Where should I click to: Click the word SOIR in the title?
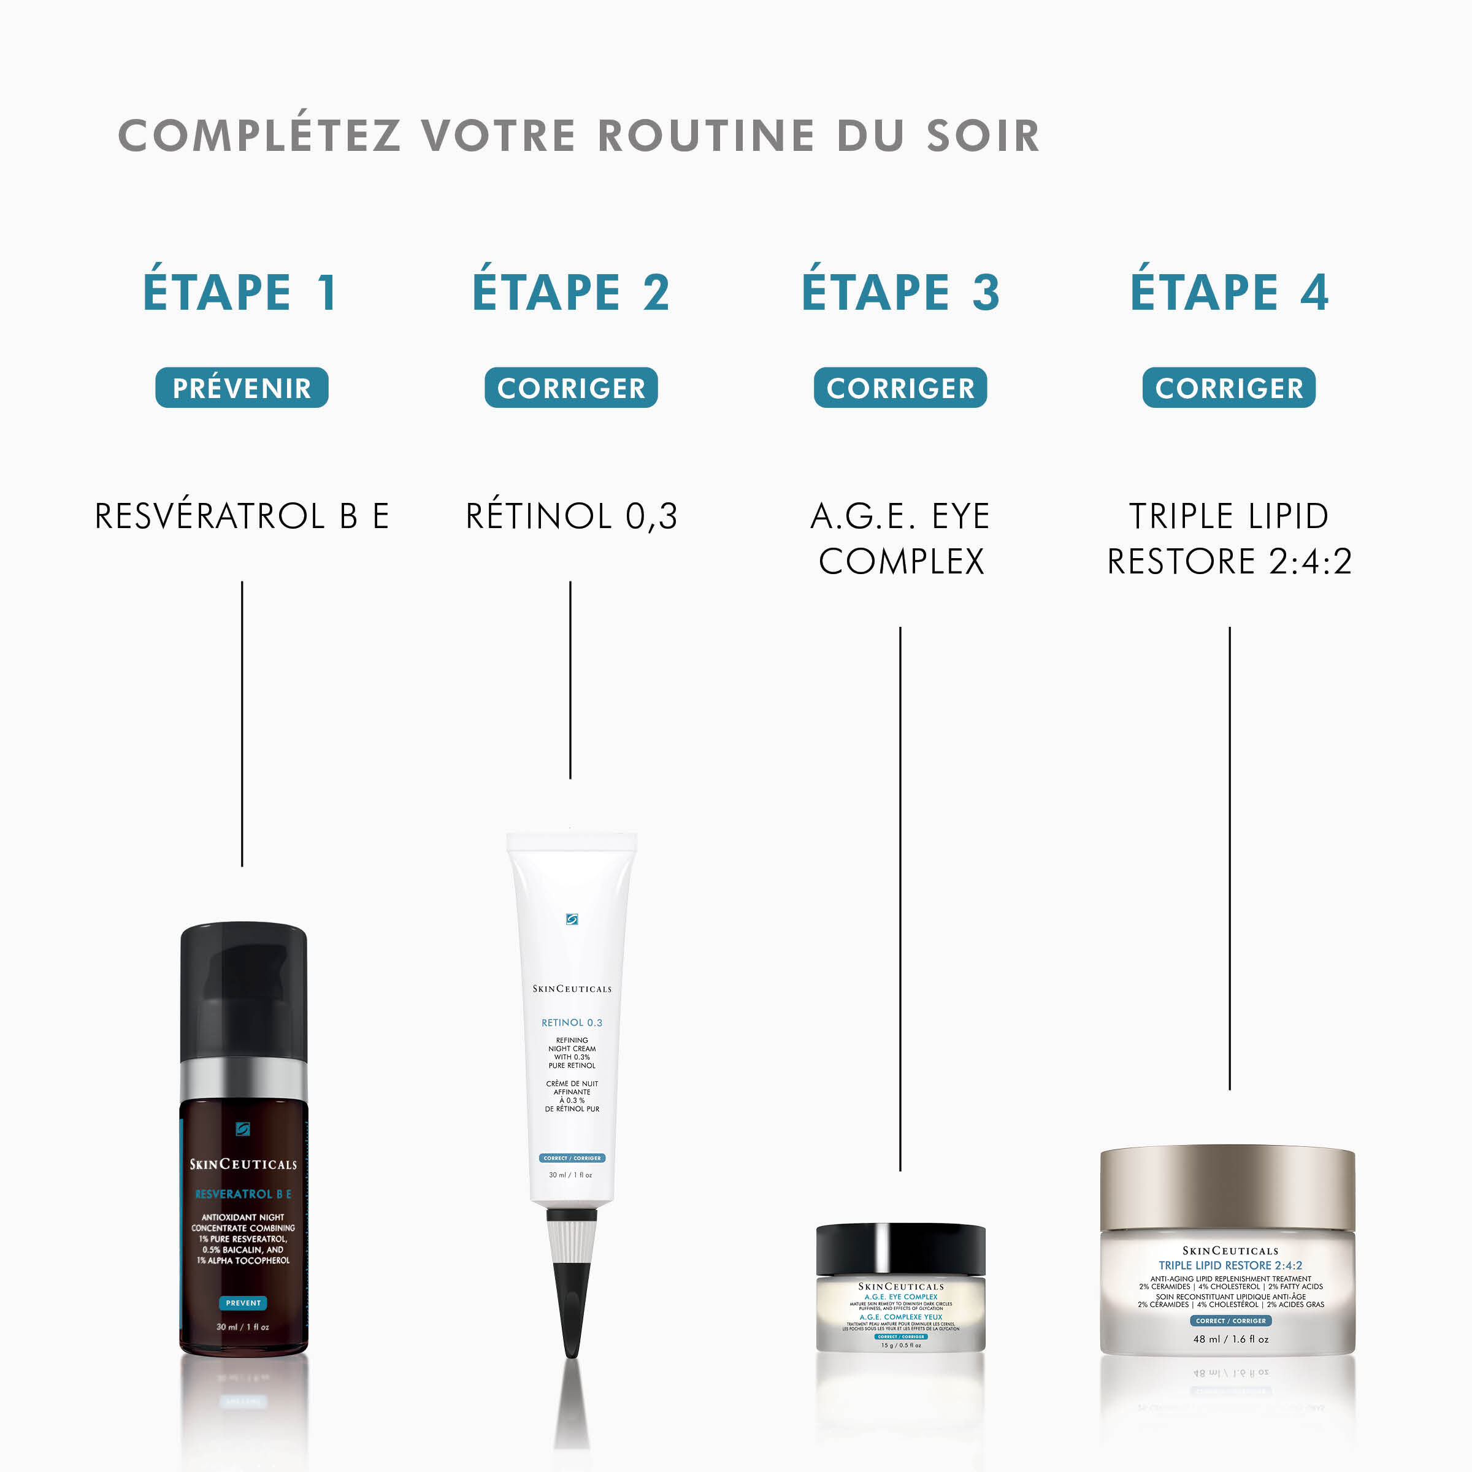[x=983, y=136]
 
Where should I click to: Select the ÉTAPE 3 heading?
[x=900, y=292]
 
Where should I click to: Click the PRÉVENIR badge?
[x=242, y=388]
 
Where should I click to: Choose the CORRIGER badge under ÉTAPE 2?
[x=570, y=388]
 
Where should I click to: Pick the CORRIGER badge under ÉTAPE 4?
[x=1228, y=388]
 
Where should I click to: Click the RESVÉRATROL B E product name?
[x=242, y=516]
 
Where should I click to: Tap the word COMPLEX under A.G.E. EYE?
[x=900, y=562]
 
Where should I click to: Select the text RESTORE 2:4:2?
[x=1229, y=562]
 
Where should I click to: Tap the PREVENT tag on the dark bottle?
[x=243, y=1303]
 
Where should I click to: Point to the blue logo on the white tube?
[x=572, y=919]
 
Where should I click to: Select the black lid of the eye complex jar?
[x=900, y=1249]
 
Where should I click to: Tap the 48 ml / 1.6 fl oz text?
[x=1230, y=1339]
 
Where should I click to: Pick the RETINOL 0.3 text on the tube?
[x=572, y=1022]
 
